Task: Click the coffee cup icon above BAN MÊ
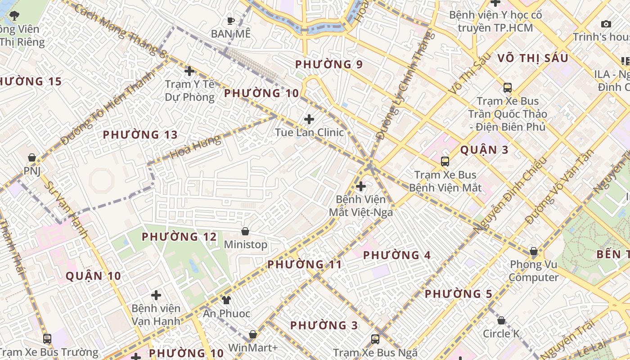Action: click(x=231, y=20)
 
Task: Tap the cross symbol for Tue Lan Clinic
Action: click(x=309, y=119)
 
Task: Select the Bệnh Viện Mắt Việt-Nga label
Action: click(x=360, y=206)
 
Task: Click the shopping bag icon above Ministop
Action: click(x=245, y=231)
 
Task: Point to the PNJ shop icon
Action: click(x=31, y=157)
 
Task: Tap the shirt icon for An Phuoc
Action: click(x=226, y=300)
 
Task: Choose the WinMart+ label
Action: click(x=253, y=347)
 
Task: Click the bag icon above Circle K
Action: click(x=501, y=320)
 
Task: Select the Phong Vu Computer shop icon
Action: click(x=534, y=251)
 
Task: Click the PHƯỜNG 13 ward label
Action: click(x=140, y=135)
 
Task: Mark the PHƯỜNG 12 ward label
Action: click(x=179, y=237)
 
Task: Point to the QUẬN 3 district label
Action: click(x=484, y=150)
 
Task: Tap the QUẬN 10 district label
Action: click(x=94, y=276)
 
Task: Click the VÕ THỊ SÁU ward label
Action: click(x=532, y=58)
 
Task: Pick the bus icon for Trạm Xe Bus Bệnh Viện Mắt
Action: click(x=445, y=162)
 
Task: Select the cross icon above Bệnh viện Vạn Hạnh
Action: click(x=156, y=295)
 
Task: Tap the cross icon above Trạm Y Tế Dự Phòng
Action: click(x=189, y=71)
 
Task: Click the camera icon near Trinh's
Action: click(x=606, y=24)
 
